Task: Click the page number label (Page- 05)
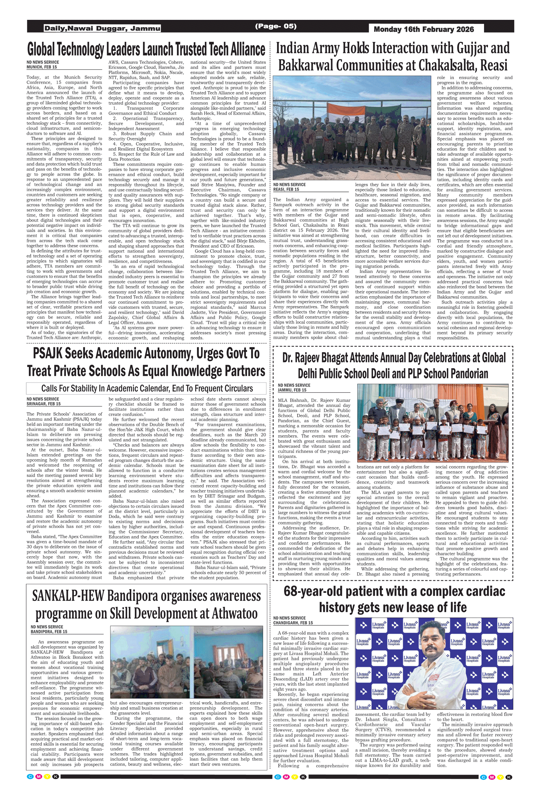(x=276, y=26)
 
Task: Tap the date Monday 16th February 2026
(x=424, y=30)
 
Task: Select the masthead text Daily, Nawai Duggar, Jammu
(x=102, y=28)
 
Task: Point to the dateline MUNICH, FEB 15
(x=41, y=67)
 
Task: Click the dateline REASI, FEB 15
(x=286, y=189)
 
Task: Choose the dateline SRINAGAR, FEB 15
(x=43, y=404)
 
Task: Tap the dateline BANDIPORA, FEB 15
(x=49, y=632)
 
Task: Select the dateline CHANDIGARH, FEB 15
(x=293, y=623)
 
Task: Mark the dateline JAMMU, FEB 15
(x=292, y=390)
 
